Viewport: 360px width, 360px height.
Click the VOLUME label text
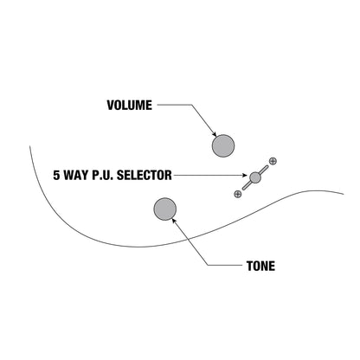(x=130, y=106)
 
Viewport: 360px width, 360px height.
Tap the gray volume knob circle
(x=223, y=145)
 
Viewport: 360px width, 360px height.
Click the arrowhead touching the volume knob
(x=215, y=134)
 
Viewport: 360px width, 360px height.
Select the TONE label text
(x=260, y=266)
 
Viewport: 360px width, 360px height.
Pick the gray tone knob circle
(x=165, y=209)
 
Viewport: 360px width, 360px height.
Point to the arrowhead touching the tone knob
(x=174, y=221)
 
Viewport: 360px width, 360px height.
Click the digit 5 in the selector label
(x=56, y=175)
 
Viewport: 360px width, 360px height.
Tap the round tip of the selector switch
(x=255, y=177)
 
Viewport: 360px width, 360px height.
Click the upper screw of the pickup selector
(x=273, y=161)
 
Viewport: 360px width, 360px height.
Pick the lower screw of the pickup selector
(x=237, y=194)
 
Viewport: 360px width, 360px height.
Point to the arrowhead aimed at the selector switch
(x=245, y=175)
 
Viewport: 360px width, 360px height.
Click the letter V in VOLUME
(x=111, y=106)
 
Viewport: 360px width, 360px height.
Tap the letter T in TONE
(x=250, y=266)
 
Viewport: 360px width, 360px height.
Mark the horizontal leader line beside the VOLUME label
(x=175, y=105)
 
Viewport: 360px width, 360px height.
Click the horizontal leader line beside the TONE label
(x=225, y=265)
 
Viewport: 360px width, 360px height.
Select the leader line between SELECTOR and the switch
(x=209, y=175)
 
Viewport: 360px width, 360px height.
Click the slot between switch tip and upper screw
(x=264, y=170)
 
